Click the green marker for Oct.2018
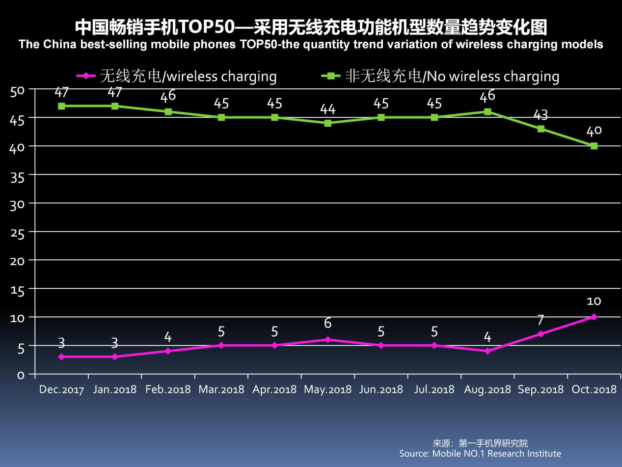[x=594, y=146]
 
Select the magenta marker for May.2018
[x=328, y=339]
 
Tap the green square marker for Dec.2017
[x=61, y=106]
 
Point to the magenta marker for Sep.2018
[x=541, y=334]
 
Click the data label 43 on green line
[x=541, y=115]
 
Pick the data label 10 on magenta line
[x=594, y=301]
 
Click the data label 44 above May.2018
[x=328, y=109]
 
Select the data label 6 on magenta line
[x=328, y=324]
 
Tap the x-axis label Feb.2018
[x=168, y=389]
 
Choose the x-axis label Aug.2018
[x=487, y=389]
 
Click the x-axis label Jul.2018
[x=434, y=389]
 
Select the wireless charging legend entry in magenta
[x=177, y=76]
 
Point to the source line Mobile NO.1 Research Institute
[x=480, y=453]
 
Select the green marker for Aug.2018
[x=487, y=111]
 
